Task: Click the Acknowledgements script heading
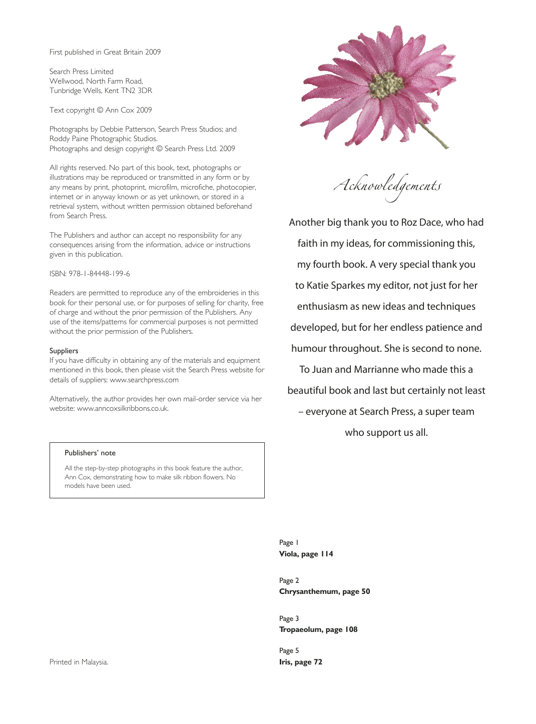click(387, 186)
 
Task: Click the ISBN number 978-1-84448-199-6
click(99, 274)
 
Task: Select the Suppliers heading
click(64, 351)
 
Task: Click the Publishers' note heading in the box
click(90, 453)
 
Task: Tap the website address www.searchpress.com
click(144, 380)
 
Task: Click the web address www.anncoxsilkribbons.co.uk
click(123, 408)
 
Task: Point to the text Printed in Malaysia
click(79, 662)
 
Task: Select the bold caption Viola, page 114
click(306, 554)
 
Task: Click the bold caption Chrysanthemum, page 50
click(324, 591)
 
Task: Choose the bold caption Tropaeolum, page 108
click(318, 629)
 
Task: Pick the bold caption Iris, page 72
click(300, 662)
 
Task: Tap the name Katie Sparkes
click(336, 285)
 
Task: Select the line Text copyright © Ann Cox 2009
click(101, 110)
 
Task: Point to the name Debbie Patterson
click(128, 129)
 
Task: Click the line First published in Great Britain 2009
click(105, 52)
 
